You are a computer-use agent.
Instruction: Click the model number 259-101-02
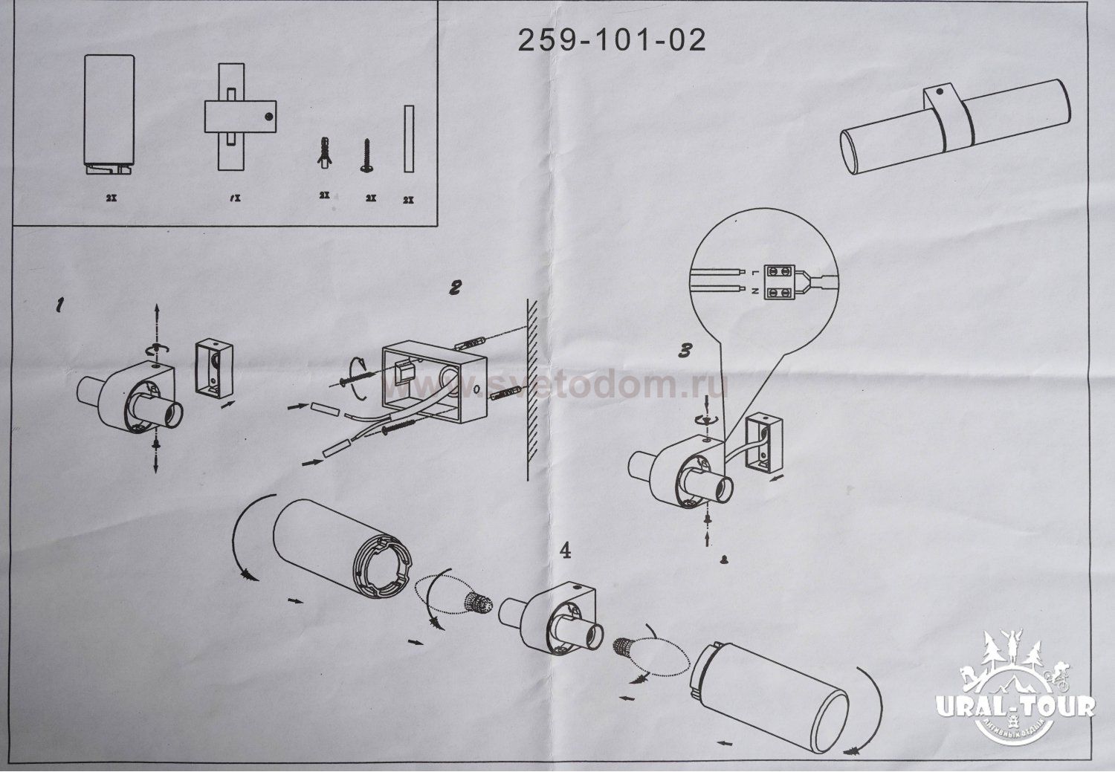pyautogui.click(x=611, y=40)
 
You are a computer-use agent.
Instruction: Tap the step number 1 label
pyautogui.click(x=59, y=305)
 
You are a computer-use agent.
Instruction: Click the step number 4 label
pyautogui.click(x=565, y=551)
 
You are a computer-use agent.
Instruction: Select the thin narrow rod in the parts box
pyautogui.click(x=407, y=139)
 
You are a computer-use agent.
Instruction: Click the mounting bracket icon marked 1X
pyautogui.click(x=240, y=118)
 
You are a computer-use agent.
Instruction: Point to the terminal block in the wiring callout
pyautogui.click(x=779, y=281)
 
